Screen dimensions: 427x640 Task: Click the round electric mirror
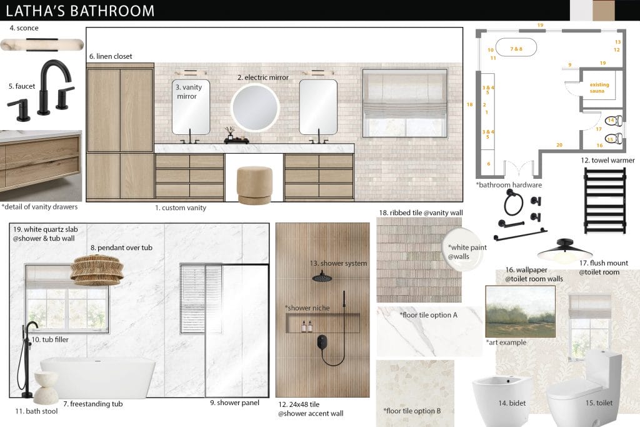254,108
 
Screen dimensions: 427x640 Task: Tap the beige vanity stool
254,184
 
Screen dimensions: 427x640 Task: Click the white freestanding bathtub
98,377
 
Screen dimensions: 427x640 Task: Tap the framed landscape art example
520,311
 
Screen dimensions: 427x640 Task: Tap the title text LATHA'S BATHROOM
80,11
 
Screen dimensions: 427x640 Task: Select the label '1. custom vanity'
180,208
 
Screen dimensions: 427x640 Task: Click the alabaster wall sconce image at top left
42,44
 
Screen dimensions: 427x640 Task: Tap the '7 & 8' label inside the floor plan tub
515,49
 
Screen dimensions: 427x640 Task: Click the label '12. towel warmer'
603,161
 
